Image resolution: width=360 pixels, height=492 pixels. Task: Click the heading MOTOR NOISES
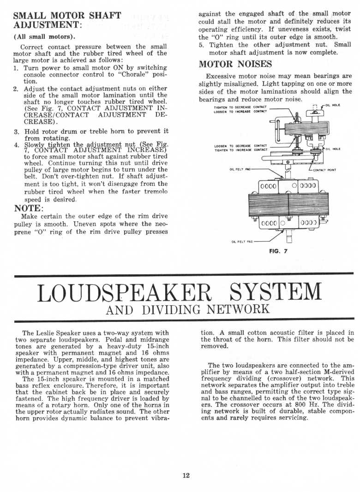click(x=235, y=64)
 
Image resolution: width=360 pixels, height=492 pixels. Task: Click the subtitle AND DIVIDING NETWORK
click(x=187, y=309)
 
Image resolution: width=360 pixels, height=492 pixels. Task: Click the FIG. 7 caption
click(x=278, y=252)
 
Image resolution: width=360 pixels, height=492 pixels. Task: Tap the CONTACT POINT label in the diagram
click(x=325, y=170)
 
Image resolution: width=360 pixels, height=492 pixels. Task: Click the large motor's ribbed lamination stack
click(x=288, y=203)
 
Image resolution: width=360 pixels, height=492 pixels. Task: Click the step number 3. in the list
click(x=16, y=131)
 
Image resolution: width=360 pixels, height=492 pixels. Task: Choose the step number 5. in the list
click(x=201, y=45)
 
